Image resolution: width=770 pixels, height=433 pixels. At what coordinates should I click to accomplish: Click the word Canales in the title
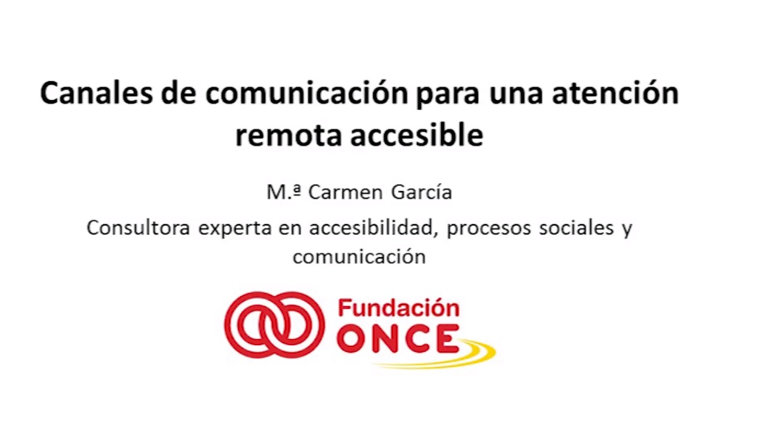[x=97, y=93]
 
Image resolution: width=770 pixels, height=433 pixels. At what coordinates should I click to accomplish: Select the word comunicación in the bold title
[x=307, y=93]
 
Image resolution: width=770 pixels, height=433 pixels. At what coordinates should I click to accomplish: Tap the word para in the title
[x=448, y=96]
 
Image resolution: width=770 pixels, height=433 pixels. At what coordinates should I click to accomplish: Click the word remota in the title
[x=289, y=135]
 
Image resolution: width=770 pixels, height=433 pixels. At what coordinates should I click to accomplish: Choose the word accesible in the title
[x=417, y=134]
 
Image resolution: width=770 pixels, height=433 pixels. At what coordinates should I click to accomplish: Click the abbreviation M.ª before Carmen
[x=284, y=192]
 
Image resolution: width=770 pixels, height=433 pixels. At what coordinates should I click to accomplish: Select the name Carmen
[x=345, y=192]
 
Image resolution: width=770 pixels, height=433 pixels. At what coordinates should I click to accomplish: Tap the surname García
[x=422, y=192]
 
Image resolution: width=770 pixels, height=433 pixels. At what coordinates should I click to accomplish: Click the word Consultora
[x=138, y=227]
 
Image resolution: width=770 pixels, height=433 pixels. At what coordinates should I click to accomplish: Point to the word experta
[x=235, y=230]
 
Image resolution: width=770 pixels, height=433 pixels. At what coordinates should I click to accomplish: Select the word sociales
[x=576, y=227]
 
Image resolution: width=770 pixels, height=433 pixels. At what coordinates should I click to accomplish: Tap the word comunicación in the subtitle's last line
[x=359, y=256]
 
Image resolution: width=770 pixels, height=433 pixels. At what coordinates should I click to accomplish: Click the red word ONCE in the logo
[x=398, y=339]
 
